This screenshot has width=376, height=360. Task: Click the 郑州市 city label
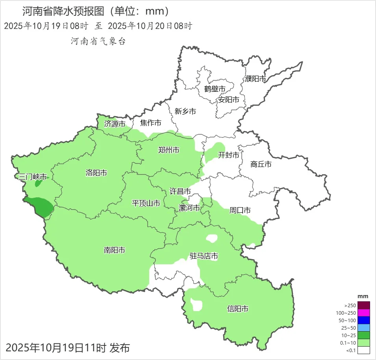point(169,150)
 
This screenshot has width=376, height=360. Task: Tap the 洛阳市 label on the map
point(96,173)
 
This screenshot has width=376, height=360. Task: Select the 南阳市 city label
point(115,250)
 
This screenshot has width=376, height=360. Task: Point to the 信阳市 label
point(238,309)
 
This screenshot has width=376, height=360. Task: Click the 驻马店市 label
point(204,256)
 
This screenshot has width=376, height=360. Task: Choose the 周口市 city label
point(240,211)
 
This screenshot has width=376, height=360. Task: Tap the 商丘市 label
point(261,164)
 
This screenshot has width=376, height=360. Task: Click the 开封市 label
point(229,155)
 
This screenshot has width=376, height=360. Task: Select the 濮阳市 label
point(256,79)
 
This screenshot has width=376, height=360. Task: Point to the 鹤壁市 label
point(215,89)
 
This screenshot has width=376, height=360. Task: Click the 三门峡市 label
point(33,177)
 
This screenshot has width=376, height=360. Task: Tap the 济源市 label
point(115,124)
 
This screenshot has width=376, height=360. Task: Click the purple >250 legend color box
point(364,305)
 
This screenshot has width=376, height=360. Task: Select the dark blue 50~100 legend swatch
point(364,320)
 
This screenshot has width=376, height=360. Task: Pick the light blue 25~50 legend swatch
point(364,328)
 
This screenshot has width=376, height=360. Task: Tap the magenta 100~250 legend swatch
point(364,313)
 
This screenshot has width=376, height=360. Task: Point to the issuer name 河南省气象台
point(98,41)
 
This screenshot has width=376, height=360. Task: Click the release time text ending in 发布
point(68,348)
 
